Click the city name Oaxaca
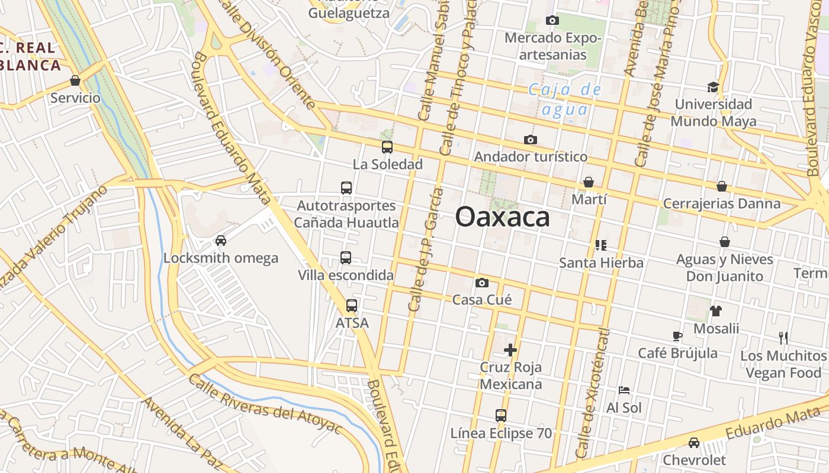(x=502, y=217)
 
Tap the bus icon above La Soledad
(x=387, y=147)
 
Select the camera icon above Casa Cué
(x=482, y=283)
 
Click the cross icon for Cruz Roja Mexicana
(x=510, y=350)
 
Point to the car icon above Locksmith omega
(x=221, y=241)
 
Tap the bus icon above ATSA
(x=352, y=306)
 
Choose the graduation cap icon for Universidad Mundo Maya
(x=713, y=88)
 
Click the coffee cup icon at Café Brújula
(x=677, y=336)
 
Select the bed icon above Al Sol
(x=624, y=390)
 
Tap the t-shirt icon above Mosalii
(x=716, y=311)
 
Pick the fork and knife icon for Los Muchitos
(x=783, y=338)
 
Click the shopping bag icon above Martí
(x=589, y=182)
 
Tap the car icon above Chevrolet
(x=694, y=442)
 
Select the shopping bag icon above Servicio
(x=75, y=80)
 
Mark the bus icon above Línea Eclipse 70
(x=501, y=415)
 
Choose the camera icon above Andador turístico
(x=531, y=140)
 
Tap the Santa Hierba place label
(x=601, y=263)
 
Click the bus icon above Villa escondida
(x=346, y=258)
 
